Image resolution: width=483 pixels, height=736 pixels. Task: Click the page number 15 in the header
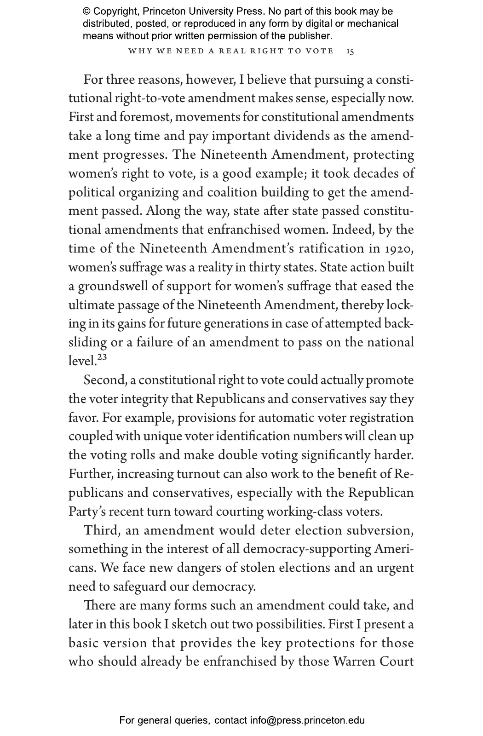coord(350,51)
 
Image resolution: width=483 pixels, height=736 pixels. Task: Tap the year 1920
coord(399,249)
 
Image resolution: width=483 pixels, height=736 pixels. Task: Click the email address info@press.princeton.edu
coord(307,720)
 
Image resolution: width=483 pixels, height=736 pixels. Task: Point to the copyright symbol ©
coord(86,11)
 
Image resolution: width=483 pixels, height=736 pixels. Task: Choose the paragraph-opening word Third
coord(102,531)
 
